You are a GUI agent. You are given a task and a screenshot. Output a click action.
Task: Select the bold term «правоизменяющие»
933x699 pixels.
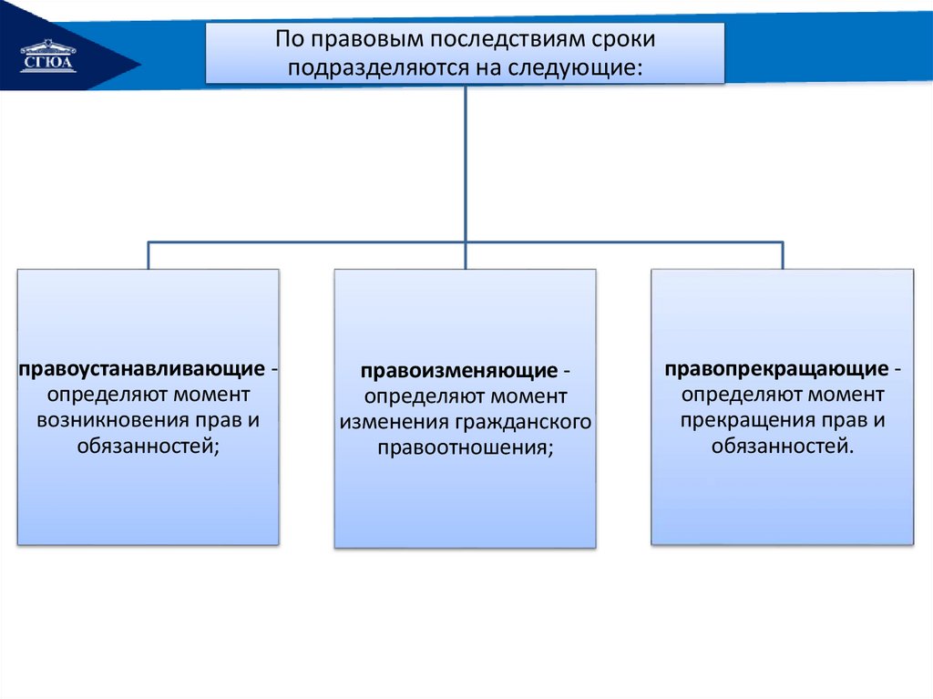pyautogui.click(x=458, y=372)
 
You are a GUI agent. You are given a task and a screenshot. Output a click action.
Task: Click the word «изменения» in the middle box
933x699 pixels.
pyautogui.click(x=389, y=422)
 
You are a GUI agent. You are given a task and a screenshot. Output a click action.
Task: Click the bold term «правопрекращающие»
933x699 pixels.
pyautogui.click(x=776, y=370)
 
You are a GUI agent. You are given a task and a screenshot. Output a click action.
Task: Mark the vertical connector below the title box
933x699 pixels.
pyautogui.click(x=466, y=164)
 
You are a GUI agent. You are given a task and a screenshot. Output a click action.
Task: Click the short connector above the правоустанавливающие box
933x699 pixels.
pyautogui.click(x=149, y=255)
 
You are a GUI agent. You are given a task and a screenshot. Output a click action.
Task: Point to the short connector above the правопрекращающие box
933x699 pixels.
pyautogui.click(x=783, y=255)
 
